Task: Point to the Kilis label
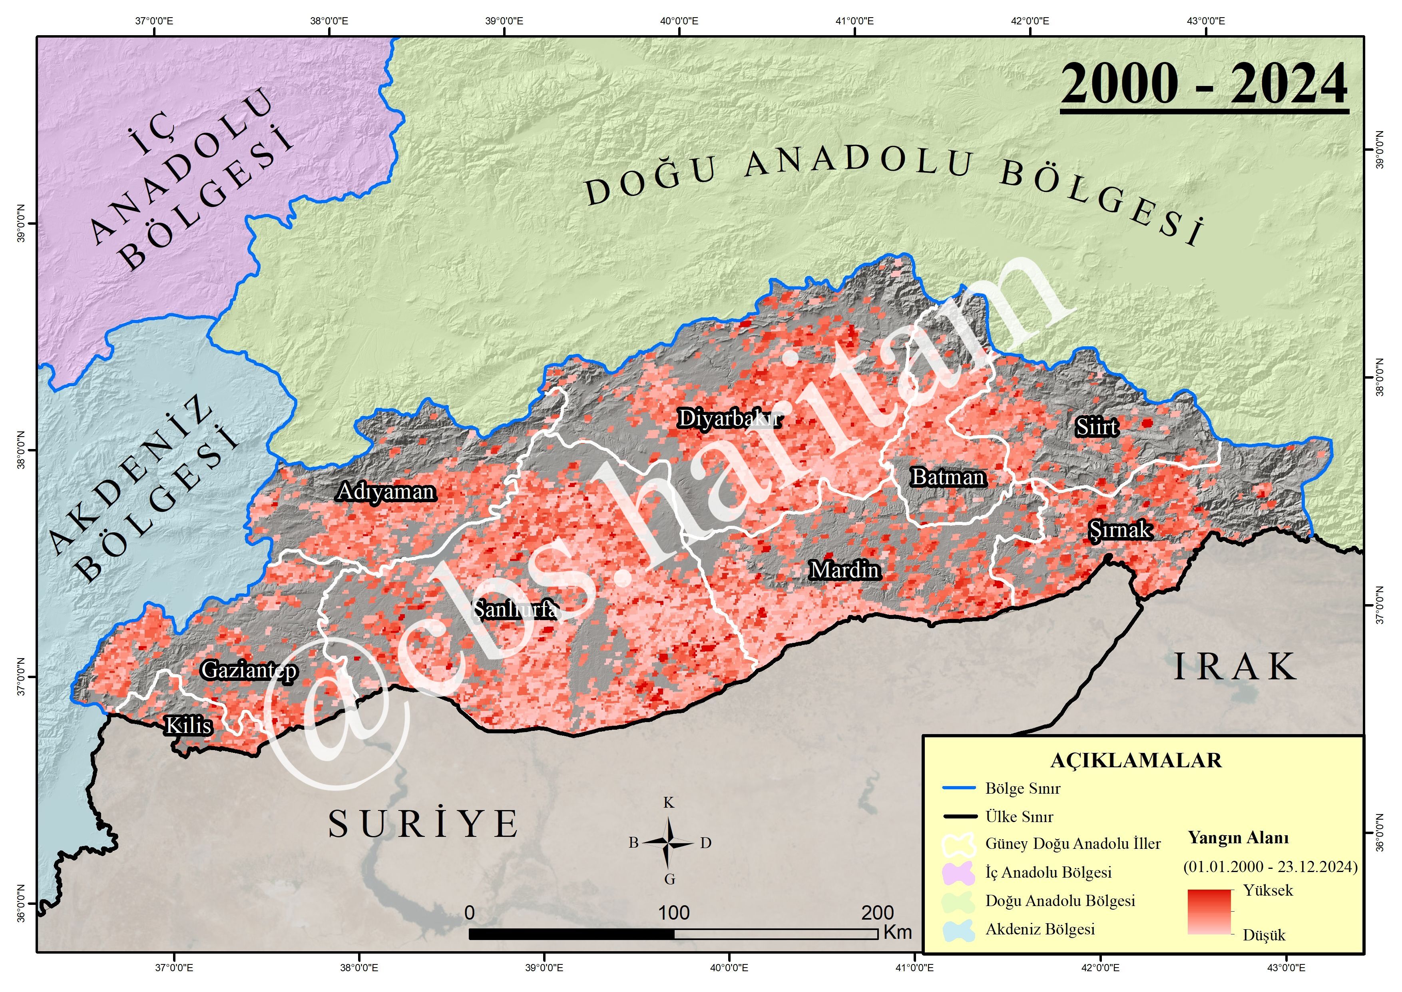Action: tap(189, 726)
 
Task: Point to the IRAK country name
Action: tap(1235, 667)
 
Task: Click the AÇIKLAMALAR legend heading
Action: tap(1136, 760)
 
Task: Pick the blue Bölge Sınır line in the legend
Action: tap(959, 788)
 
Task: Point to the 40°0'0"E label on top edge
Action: tap(679, 21)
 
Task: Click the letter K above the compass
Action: tap(669, 802)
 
